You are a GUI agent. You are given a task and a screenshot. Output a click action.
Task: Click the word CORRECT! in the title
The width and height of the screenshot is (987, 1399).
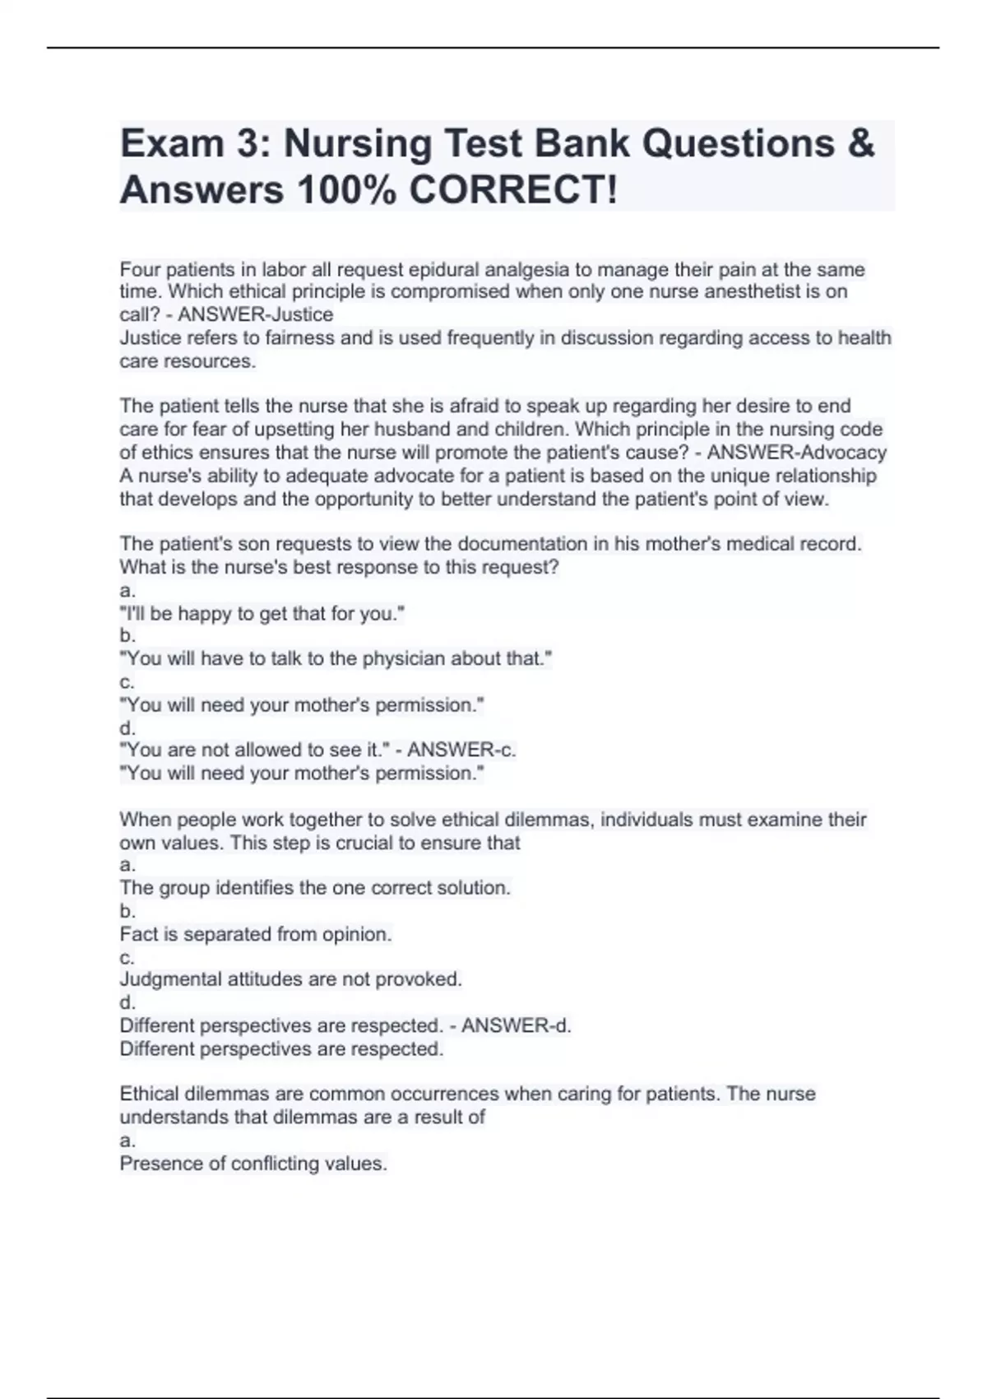[x=512, y=190]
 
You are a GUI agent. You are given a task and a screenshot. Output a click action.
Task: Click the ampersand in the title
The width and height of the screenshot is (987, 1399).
[x=859, y=143]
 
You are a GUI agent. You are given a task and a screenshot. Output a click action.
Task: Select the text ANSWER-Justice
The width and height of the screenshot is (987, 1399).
[x=256, y=314]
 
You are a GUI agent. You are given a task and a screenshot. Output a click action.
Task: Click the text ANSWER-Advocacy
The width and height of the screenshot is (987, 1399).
[x=797, y=452]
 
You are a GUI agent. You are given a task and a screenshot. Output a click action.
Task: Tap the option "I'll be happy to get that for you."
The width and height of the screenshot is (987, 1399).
[x=262, y=613]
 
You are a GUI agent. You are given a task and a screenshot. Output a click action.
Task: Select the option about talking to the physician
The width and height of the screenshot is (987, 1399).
[x=336, y=658]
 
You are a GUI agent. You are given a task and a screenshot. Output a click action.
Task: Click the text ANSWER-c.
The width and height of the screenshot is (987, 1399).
[x=461, y=750]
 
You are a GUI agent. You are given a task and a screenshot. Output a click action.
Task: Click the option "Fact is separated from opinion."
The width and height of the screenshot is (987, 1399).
[x=256, y=934]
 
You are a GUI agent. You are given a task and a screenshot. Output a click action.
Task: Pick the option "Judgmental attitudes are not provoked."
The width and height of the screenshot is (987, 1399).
[x=291, y=979]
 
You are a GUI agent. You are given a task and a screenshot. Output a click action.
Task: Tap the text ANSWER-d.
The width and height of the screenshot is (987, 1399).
[x=517, y=1025]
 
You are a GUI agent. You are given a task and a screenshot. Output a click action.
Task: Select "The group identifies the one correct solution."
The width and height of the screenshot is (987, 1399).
[x=315, y=888]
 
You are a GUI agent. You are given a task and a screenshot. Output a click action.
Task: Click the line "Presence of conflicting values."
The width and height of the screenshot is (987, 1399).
[x=253, y=1164]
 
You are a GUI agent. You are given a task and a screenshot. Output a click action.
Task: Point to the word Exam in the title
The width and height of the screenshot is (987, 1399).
[x=172, y=143]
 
